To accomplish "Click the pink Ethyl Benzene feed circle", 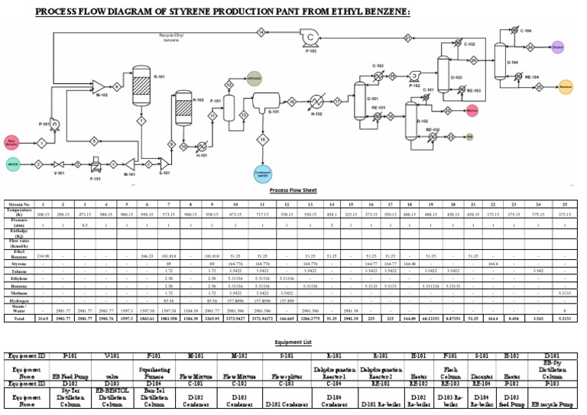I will click(12, 141).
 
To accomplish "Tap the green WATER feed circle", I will click(13, 164).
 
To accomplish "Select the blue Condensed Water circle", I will click(263, 173).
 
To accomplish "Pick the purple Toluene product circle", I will click(557, 47).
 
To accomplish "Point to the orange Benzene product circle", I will click(566, 86).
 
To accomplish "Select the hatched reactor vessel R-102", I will click(183, 107).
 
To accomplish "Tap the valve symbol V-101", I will click(59, 164).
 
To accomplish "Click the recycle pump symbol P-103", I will click(311, 37).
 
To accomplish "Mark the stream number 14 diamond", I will click(261, 32).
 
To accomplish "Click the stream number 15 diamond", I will click(263, 139).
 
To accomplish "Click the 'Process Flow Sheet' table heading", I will click(293, 190).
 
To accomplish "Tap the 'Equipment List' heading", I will click(293, 343).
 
